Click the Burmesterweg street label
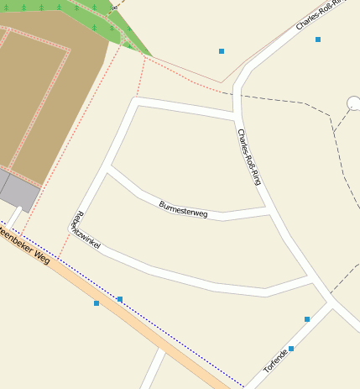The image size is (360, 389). tap(183, 209)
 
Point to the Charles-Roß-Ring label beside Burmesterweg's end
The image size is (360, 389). tap(249, 155)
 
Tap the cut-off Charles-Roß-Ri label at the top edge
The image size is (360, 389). tap(321, 14)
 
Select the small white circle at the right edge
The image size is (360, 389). tap(352, 103)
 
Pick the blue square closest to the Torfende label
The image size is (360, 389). tap(291, 348)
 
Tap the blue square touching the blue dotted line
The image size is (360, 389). tap(120, 299)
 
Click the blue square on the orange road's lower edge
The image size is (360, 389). tap(97, 303)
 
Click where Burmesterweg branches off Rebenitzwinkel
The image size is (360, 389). tap(108, 168)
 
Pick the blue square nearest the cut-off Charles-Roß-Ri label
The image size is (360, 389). tap(318, 39)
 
